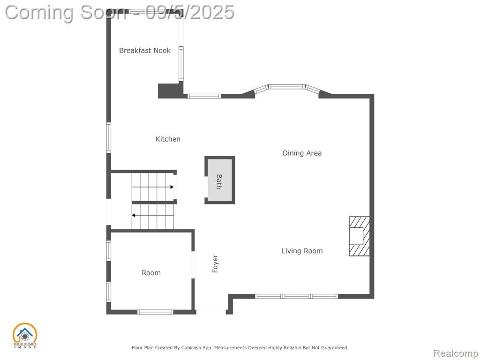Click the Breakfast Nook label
click(x=145, y=51)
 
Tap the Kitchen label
click(x=168, y=139)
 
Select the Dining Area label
click(x=302, y=153)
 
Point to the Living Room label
click(x=302, y=251)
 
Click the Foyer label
click(x=215, y=263)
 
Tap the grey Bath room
click(x=219, y=180)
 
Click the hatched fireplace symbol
click(x=360, y=236)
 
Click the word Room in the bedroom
click(x=151, y=273)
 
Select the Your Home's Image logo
click(x=25, y=336)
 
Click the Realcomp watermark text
click(x=456, y=353)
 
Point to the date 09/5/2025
click(x=190, y=12)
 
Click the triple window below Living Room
click(x=296, y=296)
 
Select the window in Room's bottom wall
click(x=155, y=312)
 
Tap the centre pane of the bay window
click(x=287, y=87)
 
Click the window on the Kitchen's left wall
click(x=109, y=137)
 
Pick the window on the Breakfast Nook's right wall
click(x=181, y=64)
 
